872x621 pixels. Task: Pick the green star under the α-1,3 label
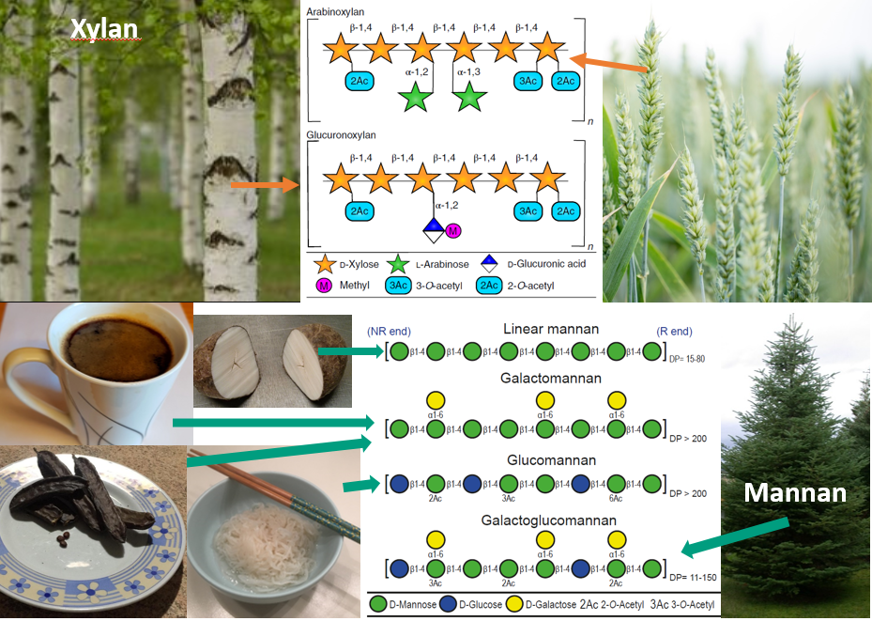[470, 98]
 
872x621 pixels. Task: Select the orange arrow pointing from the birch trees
[264, 185]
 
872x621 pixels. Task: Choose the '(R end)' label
[676, 332]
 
